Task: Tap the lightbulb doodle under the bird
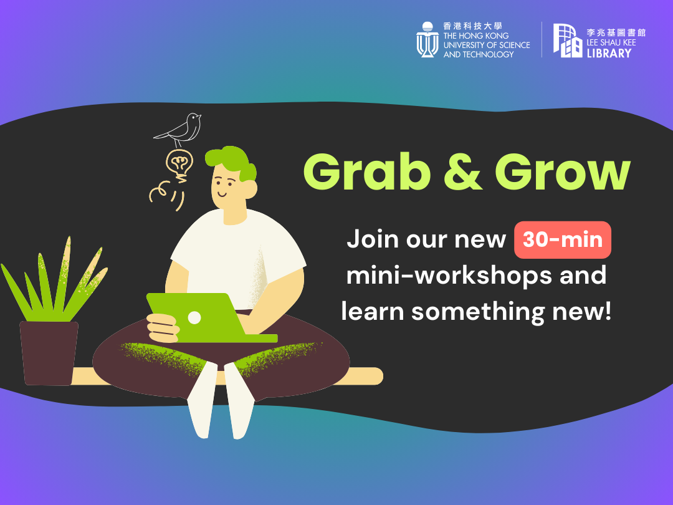(x=179, y=163)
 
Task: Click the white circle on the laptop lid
(x=194, y=318)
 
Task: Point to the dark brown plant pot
(x=49, y=353)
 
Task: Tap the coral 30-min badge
(x=563, y=239)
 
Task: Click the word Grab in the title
(x=367, y=172)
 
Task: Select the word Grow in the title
(x=563, y=172)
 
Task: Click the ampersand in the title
(x=462, y=172)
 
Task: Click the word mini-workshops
(x=449, y=276)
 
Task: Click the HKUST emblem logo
(x=427, y=39)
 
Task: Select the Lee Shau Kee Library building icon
(x=568, y=41)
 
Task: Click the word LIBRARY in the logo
(x=609, y=53)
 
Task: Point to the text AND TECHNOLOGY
(x=479, y=54)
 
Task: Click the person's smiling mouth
(x=222, y=194)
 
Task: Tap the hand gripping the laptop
(x=163, y=328)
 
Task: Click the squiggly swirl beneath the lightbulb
(x=166, y=196)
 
